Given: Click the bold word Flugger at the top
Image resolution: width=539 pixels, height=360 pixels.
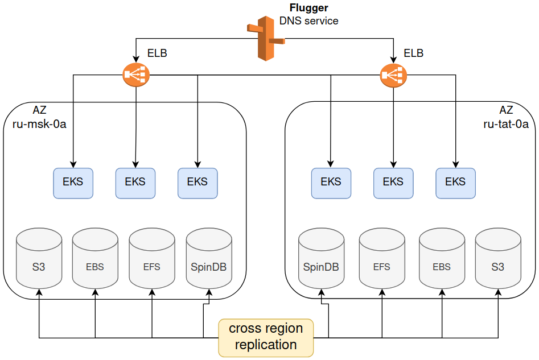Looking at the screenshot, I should point(308,9).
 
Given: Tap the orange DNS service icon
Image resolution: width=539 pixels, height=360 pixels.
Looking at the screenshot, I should point(264,39).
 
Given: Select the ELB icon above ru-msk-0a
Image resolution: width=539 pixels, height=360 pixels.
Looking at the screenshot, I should point(135,75).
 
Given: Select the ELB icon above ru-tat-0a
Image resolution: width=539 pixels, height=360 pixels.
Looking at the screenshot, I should point(393,75).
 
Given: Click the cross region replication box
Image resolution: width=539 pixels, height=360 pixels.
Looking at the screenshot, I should point(266,337).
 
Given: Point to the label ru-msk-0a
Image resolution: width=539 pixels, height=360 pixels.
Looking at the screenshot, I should point(39,125).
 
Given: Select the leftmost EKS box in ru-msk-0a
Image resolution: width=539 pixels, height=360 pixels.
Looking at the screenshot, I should point(73,183).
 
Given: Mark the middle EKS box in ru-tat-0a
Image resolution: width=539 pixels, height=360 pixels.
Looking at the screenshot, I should point(393,183).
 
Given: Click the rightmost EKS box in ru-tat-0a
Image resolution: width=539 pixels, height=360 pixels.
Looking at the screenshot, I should point(455,183).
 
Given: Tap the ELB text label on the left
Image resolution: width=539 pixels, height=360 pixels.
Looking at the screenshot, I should point(157,53).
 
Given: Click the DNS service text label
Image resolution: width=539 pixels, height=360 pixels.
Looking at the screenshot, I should point(308,21).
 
